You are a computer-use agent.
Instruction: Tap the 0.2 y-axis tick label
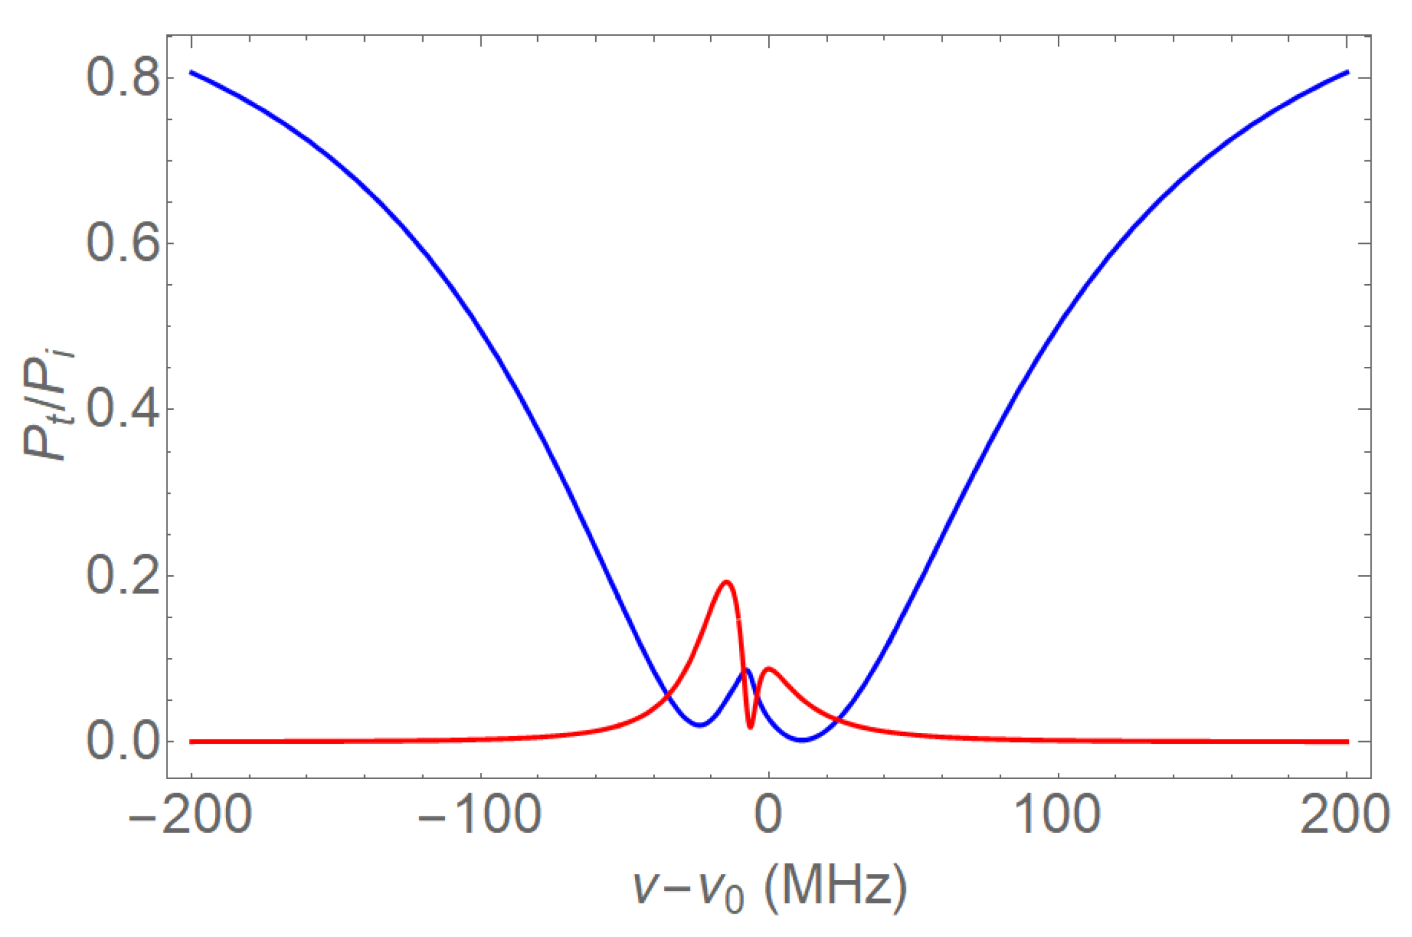click(x=122, y=576)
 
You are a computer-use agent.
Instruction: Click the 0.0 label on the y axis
click(x=122, y=741)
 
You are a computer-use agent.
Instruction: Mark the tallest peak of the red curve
click(x=727, y=582)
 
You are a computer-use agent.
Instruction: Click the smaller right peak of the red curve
click(x=769, y=668)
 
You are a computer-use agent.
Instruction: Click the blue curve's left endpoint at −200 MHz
click(x=191, y=72)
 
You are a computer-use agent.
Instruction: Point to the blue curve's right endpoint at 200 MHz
click(x=1347, y=72)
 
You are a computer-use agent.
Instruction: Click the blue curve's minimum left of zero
click(x=699, y=725)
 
